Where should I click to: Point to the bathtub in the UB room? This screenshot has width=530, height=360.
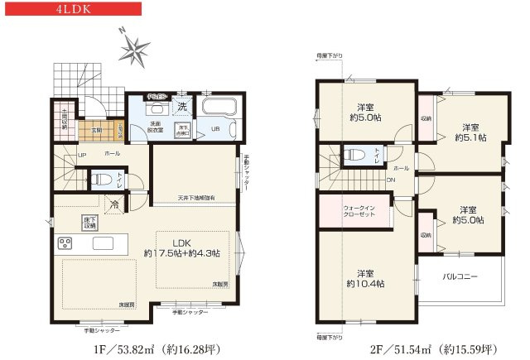[219, 108]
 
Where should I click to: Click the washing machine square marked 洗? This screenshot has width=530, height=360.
[181, 106]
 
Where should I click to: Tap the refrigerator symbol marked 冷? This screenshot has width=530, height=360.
[113, 203]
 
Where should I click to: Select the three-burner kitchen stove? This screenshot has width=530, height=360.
[65, 244]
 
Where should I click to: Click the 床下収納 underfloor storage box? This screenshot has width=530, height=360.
[89, 222]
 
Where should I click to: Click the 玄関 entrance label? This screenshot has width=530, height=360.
[97, 129]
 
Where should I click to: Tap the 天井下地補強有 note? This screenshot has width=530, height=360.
[196, 198]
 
